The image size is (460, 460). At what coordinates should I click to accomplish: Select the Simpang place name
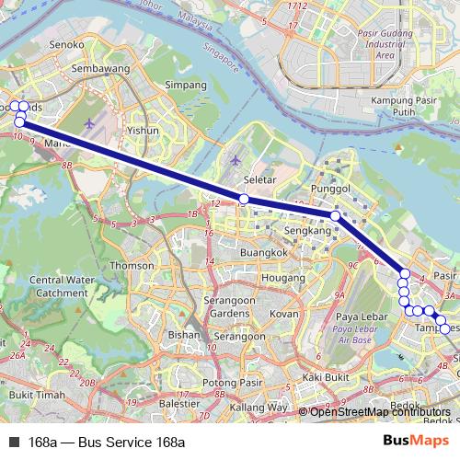coord(185,85)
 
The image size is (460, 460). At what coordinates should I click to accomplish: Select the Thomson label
coord(132,265)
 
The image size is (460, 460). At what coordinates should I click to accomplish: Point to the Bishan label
coord(184,336)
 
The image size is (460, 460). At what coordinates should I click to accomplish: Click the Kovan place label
coord(284,314)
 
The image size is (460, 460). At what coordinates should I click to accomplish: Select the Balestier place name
coord(179,402)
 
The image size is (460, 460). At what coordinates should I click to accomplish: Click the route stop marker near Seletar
coord(244,199)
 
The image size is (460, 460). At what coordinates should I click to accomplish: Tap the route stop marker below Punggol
coord(336,216)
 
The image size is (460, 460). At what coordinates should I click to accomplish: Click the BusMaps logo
coord(410,441)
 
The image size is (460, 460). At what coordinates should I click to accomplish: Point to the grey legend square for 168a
coord(14,442)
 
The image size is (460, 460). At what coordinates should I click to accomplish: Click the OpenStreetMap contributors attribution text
coord(380,412)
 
